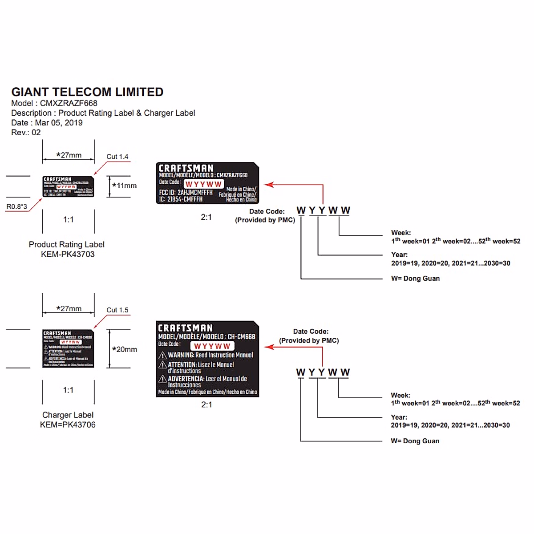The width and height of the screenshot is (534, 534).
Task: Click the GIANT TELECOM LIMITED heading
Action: click(x=87, y=92)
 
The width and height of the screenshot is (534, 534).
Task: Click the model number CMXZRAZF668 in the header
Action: click(x=69, y=103)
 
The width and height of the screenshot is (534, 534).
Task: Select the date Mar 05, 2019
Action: click(x=59, y=123)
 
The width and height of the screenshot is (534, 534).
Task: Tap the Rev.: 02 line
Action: click(x=26, y=133)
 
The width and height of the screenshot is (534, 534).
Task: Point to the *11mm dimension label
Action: click(x=125, y=186)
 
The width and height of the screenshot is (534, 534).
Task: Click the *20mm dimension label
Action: click(x=125, y=350)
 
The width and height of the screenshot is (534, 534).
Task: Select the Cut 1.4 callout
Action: click(x=117, y=157)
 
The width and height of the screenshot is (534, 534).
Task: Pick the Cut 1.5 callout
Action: click(x=117, y=310)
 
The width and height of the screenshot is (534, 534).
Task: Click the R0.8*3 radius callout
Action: click(x=17, y=206)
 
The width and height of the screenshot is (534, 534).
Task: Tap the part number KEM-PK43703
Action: click(x=68, y=255)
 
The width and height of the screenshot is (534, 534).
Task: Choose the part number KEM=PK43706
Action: click(x=68, y=425)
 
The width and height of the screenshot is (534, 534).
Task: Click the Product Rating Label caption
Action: click(x=67, y=245)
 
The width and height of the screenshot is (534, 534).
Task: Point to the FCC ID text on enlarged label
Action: click(x=186, y=193)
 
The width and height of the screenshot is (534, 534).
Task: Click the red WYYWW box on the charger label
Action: click(x=212, y=346)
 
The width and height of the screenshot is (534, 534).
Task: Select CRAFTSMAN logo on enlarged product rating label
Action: click(x=186, y=168)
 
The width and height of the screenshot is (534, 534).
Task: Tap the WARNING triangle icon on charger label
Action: click(x=163, y=356)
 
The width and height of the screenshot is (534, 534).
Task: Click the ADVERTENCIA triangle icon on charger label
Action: click(x=163, y=379)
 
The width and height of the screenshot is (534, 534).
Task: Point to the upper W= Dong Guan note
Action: click(x=415, y=279)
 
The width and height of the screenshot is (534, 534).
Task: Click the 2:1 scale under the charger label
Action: click(x=206, y=405)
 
